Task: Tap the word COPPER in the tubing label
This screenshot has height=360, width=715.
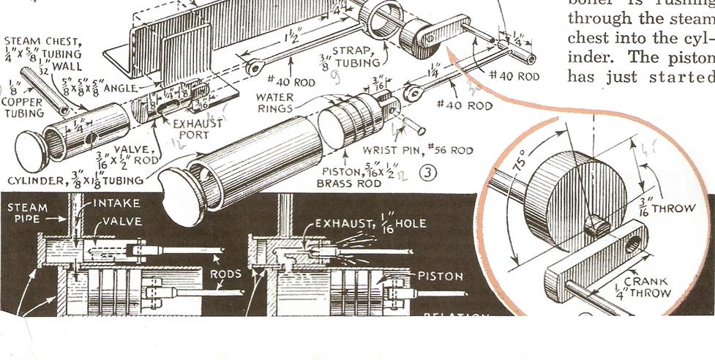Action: [24, 105]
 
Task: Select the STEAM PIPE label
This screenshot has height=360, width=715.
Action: [28, 213]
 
